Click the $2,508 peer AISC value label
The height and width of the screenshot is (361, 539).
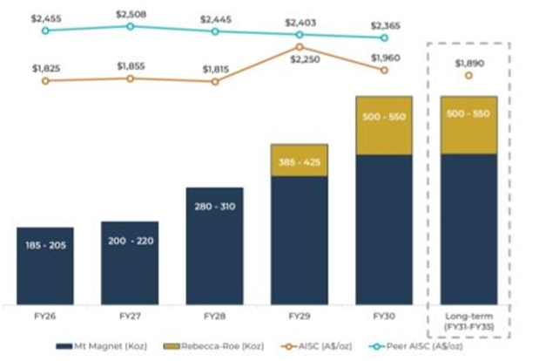(130, 13)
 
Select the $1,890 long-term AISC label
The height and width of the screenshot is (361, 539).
(468, 62)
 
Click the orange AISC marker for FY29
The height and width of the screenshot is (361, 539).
(300, 47)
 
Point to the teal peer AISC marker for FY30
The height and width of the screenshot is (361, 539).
(384, 37)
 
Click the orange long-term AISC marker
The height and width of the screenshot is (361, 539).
(468, 76)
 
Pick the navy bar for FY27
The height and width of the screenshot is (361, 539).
(130, 262)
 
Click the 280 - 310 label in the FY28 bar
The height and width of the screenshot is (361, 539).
(214, 207)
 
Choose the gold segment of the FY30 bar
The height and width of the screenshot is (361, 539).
(384, 126)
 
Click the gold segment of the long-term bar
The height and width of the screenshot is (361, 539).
(468, 125)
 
